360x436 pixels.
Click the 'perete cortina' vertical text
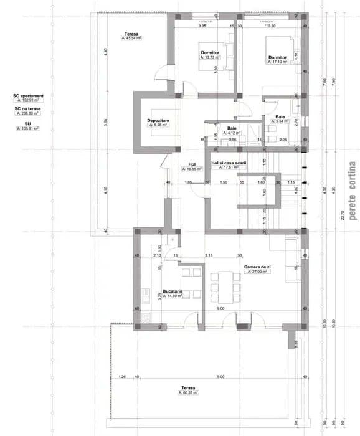pos(352,191)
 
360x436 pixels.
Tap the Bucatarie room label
pos(171,291)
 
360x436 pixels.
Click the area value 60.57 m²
pos(189,393)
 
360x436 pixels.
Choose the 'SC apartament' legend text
pos(29,95)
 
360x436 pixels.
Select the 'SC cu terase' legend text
pos(28,108)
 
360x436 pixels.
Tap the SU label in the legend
pos(28,123)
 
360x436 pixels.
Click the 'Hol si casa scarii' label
pos(229,163)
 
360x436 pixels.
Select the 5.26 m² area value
pos(159,125)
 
